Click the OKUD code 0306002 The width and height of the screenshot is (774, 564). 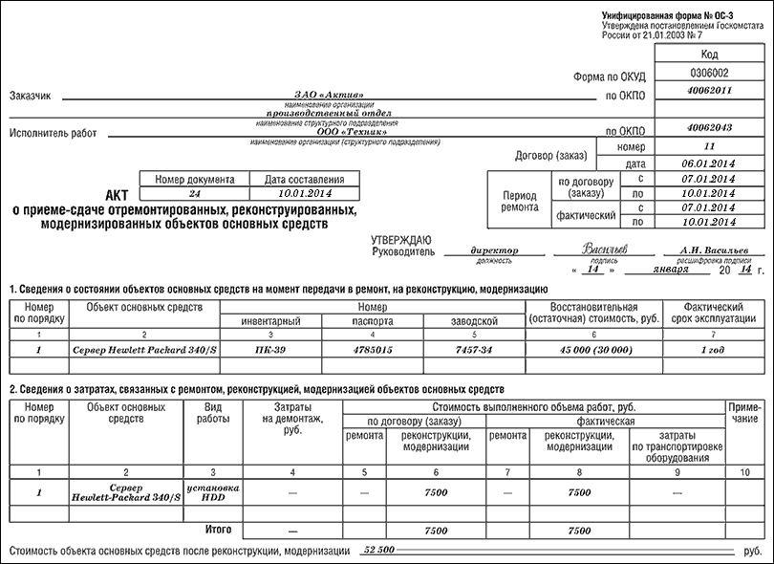tap(708, 73)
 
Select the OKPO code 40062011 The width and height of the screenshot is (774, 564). tap(708, 91)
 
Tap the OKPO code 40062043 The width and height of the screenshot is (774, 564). tap(708, 127)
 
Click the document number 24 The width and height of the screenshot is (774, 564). tap(195, 192)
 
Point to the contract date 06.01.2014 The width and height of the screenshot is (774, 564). tap(708, 163)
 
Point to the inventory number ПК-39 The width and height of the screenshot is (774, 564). tap(271, 351)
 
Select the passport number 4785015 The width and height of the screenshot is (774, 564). tap(372, 351)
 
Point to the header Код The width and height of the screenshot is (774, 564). tap(708, 55)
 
